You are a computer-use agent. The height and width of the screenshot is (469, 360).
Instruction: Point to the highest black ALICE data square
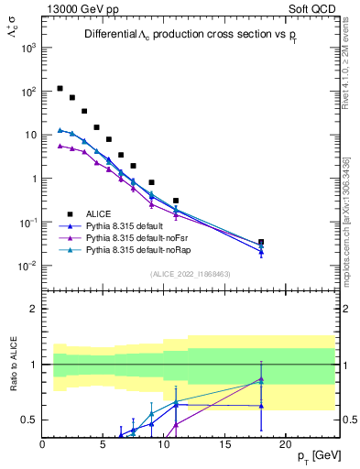coord(60,89)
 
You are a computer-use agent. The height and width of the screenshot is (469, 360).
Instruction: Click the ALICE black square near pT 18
coord(261,243)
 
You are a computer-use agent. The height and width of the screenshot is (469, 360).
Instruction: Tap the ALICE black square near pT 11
coord(176,201)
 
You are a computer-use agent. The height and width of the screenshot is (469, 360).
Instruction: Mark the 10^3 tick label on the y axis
coord(27,49)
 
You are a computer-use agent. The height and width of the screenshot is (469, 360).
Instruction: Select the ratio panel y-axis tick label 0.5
coord(28,420)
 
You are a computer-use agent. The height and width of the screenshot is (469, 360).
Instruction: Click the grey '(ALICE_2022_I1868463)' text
coord(191,274)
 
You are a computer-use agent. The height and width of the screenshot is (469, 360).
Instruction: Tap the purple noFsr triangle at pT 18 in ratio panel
coord(261,378)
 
